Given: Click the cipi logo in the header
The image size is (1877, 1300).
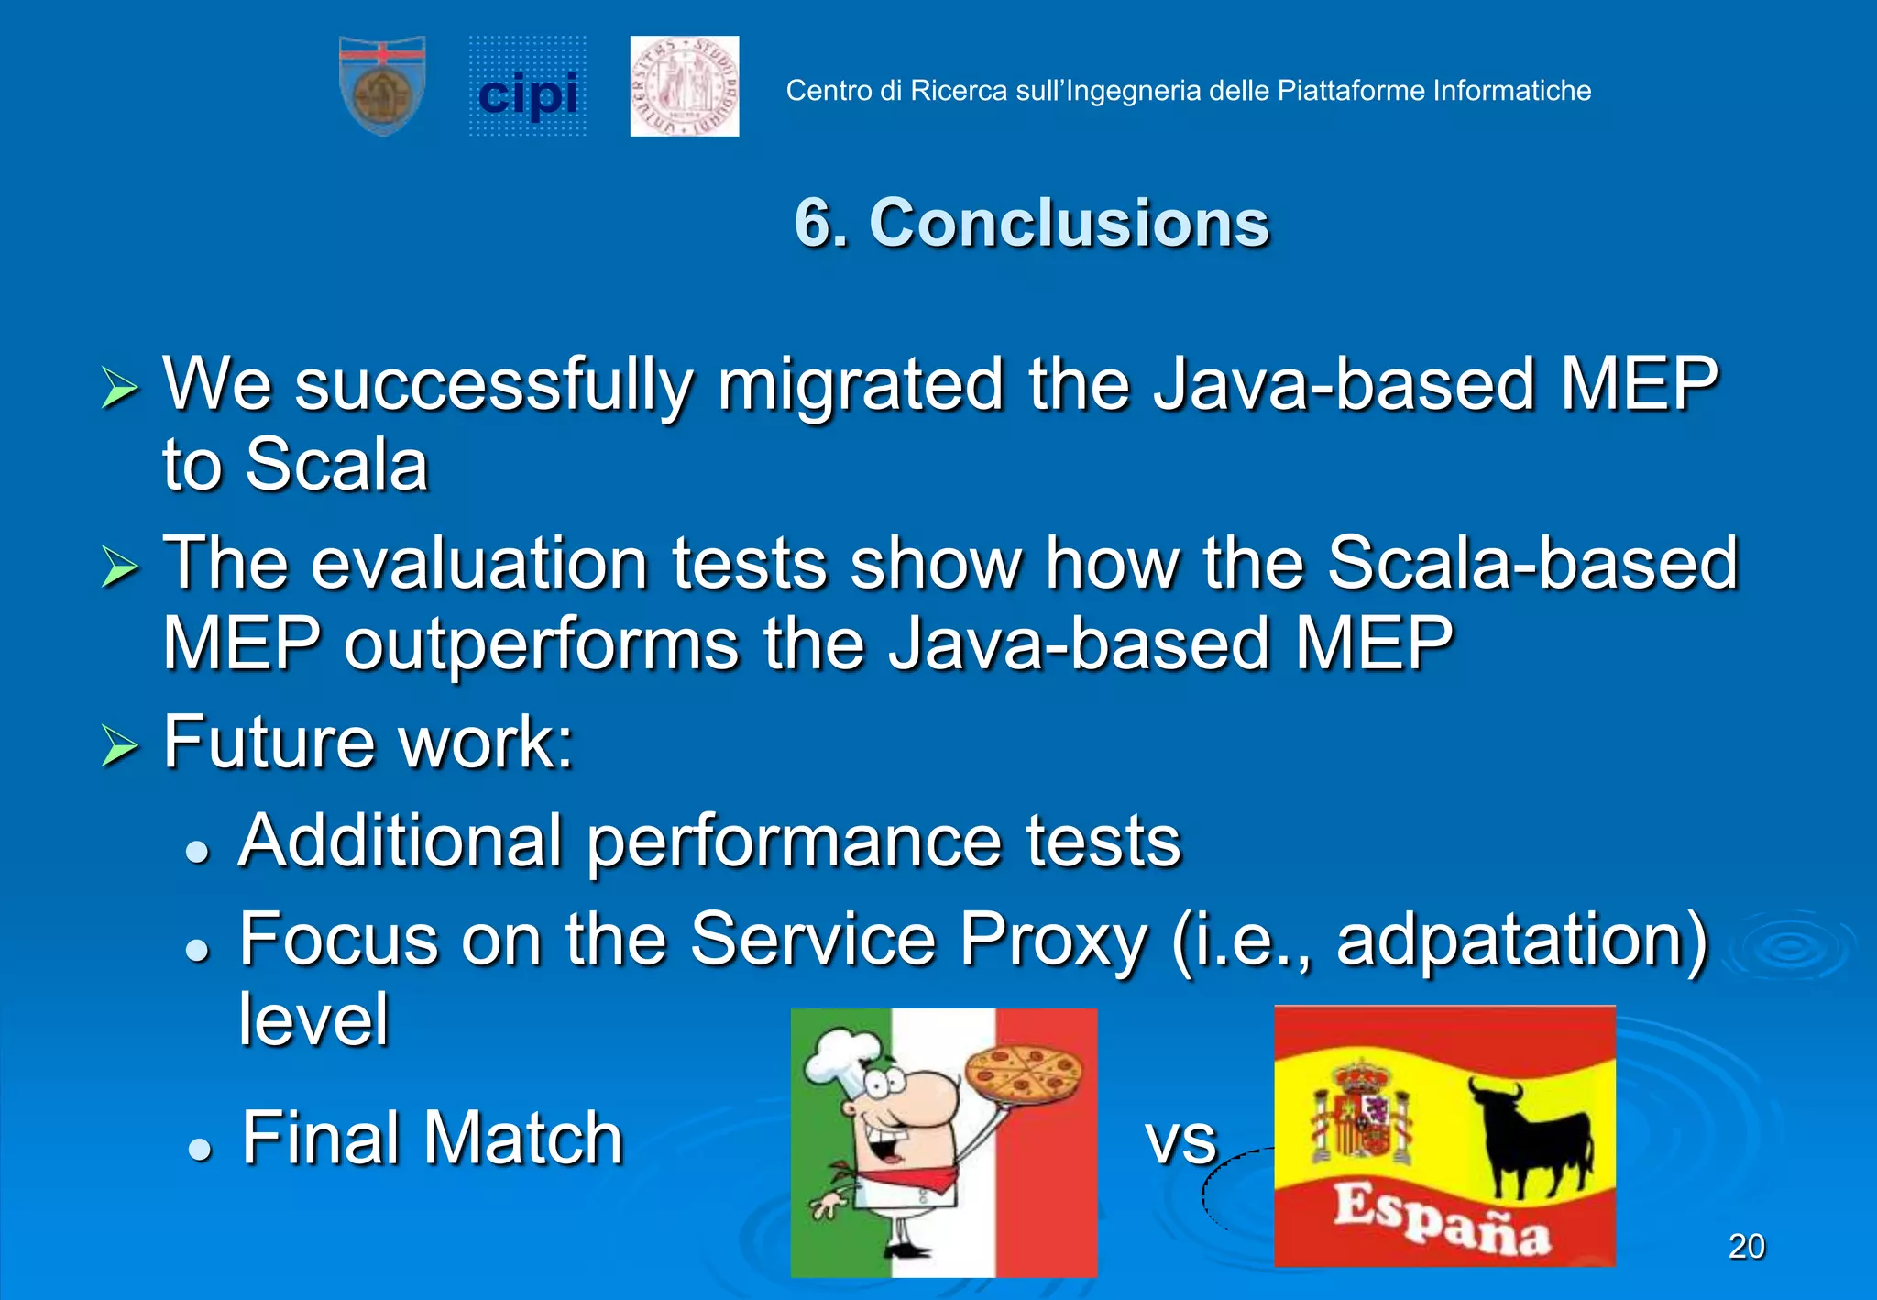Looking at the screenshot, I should click(528, 89).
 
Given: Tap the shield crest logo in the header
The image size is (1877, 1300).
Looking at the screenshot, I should click(382, 85).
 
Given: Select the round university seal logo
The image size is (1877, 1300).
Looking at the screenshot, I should click(685, 86).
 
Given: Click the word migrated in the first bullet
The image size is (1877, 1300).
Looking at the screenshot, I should click(861, 385).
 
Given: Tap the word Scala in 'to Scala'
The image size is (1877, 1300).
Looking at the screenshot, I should click(336, 465).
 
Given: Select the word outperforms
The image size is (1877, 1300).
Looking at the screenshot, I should click(541, 644).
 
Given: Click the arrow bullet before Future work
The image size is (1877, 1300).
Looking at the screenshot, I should click(119, 744).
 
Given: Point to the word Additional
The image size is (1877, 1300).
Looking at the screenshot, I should click(401, 841).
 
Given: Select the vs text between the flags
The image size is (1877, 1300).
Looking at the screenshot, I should click(1180, 1140).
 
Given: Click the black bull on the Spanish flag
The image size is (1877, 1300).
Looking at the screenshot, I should click(1531, 1132).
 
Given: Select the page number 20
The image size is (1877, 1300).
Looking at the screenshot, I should click(1746, 1246).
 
